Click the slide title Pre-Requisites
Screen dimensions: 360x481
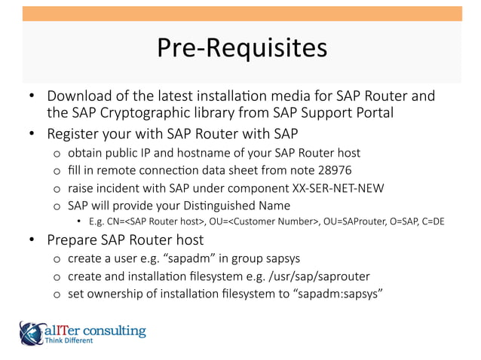click(x=241, y=47)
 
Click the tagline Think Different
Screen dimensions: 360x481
click(x=69, y=341)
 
